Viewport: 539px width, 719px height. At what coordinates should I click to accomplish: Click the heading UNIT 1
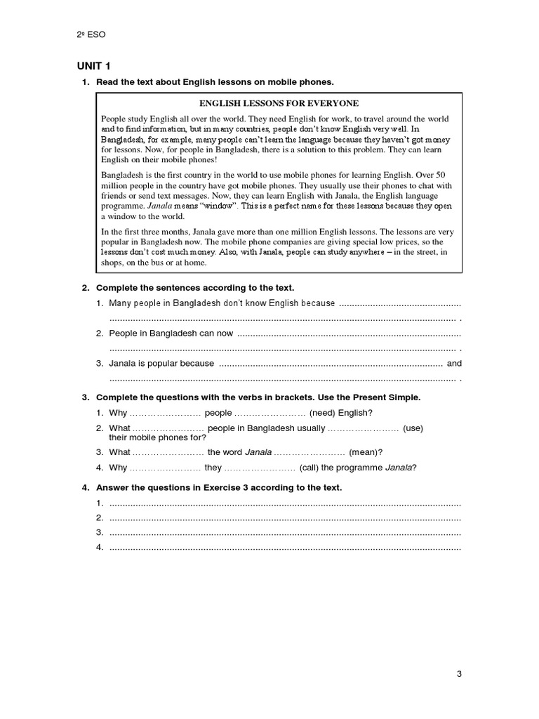tap(94, 67)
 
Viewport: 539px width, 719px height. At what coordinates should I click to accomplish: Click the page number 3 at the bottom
tap(459, 675)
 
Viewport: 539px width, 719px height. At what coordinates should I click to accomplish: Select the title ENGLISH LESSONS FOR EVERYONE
tap(279, 103)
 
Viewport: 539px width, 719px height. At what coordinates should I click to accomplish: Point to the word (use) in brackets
tap(413, 428)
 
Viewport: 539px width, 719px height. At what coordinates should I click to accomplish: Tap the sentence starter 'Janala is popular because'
tap(161, 364)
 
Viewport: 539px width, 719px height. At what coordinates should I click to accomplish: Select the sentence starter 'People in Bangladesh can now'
tap(171, 333)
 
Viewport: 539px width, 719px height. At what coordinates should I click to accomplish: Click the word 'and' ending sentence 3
tap(454, 364)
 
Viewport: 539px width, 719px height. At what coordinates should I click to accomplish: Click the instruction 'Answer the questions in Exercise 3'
tap(219, 487)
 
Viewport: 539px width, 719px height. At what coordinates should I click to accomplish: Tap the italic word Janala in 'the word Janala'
tap(258, 452)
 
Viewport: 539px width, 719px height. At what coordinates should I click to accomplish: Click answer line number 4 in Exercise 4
tap(285, 547)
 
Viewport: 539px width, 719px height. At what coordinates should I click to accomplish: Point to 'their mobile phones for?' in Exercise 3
tap(147, 437)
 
